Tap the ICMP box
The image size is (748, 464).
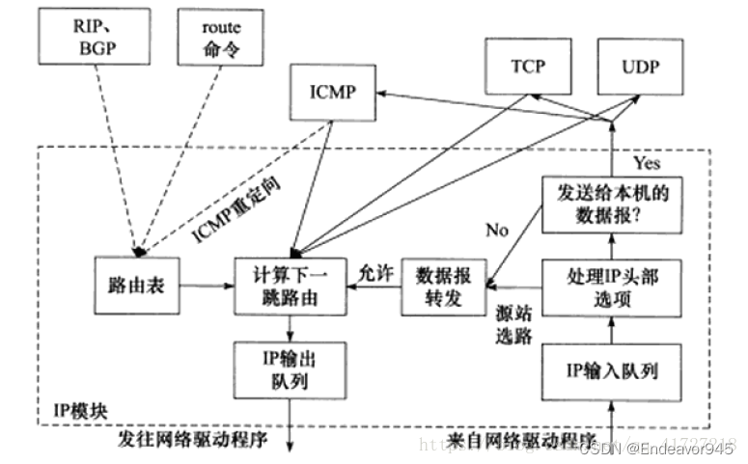click(x=331, y=94)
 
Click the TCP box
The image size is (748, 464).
click(x=529, y=67)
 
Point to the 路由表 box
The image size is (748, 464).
click(x=139, y=286)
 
